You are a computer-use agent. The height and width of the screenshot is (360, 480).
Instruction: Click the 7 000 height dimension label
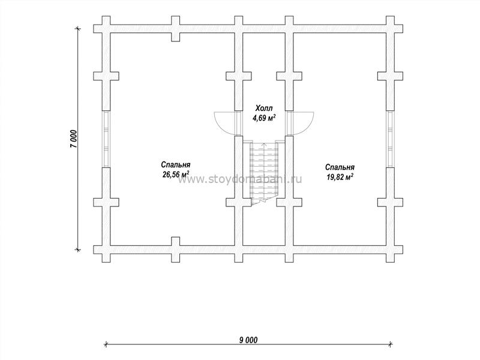[74, 139]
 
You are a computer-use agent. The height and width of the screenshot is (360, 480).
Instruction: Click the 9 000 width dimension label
[248, 340]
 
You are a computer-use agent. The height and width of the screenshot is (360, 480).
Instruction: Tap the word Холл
[264, 108]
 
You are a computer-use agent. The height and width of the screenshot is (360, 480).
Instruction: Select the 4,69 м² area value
[264, 118]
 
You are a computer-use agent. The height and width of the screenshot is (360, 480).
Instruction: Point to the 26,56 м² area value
[176, 175]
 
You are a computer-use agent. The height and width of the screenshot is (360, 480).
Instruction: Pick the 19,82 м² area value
[340, 177]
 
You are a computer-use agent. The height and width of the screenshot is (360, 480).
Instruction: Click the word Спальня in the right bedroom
[340, 167]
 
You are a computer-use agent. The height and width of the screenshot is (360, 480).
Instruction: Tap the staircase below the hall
[264, 172]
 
